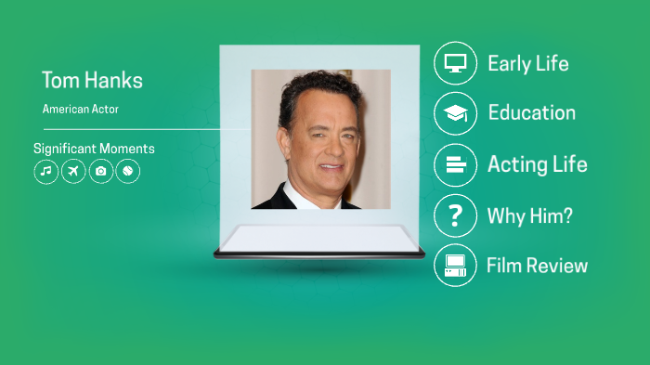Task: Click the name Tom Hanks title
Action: pyautogui.click(x=92, y=81)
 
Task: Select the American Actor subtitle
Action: pyautogui.click(x=81, y=110)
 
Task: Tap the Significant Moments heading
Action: pyautogui.click(x=94, y=149)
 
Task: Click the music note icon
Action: pyautogui.click(x=45, y=172)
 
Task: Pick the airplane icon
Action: pyautogui.click(x=73, y=172)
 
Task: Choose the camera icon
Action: pyautogui.click(x=100, y=172)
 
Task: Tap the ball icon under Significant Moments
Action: pyautogui.click(x=128, y=172)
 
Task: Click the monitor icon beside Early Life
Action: pyautogui.click(x=455, y=63)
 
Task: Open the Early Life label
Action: pyautogui.click(x=527, y=64)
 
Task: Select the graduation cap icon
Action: pyautogui.click(x=455, y=113)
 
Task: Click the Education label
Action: pyautogui.click(x=531, y=113)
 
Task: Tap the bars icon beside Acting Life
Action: pyautogui.click(x=455, y=165)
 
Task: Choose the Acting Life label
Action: pyautogui.click(x=537, y=165)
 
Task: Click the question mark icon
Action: pyautogui.click(x=455, y=216)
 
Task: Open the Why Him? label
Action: pyautogui.click(x=529, y=216)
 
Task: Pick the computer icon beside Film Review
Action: pyautogui.click(x=455, y=265)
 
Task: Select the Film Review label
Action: pyautogui.click(x=537, y=266)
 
